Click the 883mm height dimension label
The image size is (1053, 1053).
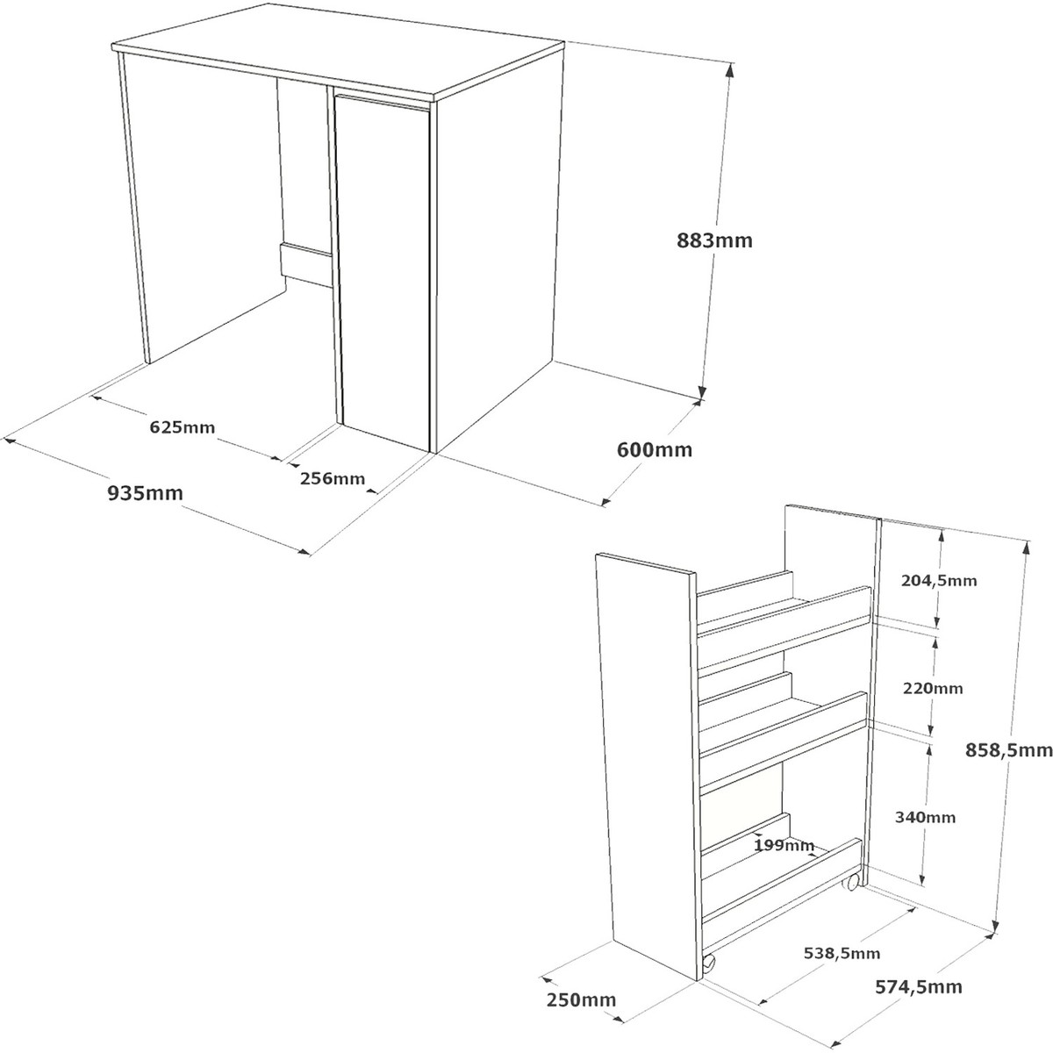[x=714, y=240]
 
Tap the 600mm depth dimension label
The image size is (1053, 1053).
[x=654, y=450]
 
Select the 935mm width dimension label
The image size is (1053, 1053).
[x=145, y=493]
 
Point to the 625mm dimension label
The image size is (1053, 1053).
[x=183, y=426]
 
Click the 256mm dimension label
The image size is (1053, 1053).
[x=333, y=478]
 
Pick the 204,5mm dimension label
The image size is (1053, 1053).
[x=939, y=580]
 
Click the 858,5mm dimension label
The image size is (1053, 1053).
[x=1008, y=751]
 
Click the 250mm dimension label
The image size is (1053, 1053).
[x=581, y=1000]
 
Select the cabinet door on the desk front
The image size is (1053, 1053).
[x=383, y=268]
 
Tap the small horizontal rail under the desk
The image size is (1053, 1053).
[x=306, y=264]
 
